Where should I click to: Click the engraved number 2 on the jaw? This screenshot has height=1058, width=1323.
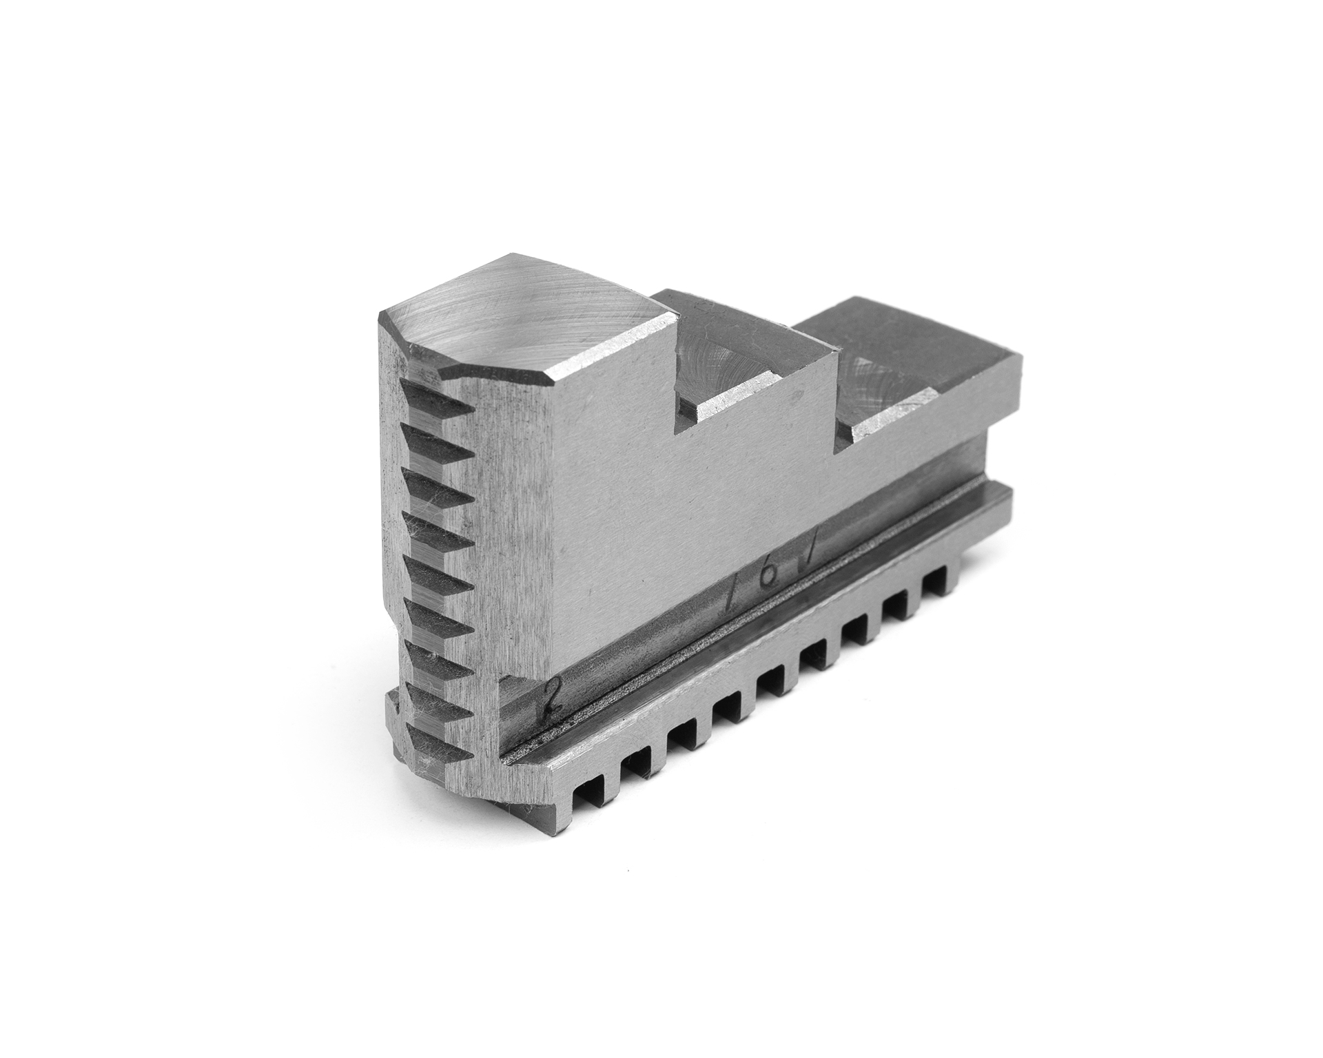[x=549, y=700]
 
